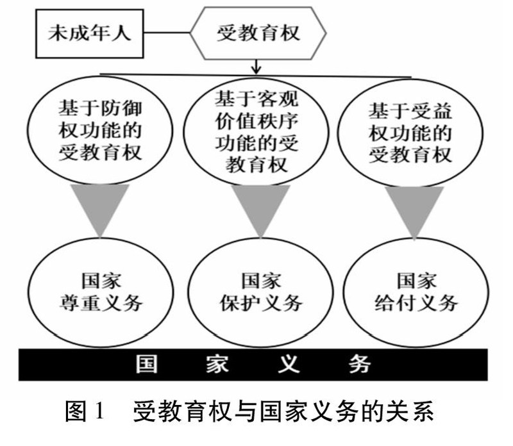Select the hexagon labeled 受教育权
(256, 33)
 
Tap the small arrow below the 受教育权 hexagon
(256, 65)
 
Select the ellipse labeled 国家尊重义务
(100, 291)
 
